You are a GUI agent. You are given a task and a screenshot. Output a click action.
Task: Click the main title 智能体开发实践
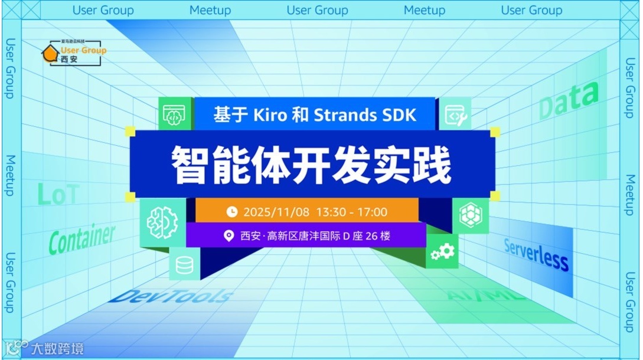click(x=311, y=165)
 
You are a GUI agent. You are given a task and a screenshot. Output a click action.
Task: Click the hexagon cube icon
click(x=471, y=215)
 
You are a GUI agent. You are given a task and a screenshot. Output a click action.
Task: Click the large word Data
click(x=568, y=100)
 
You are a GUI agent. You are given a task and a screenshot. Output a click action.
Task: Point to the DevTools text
click(x=171, y=296)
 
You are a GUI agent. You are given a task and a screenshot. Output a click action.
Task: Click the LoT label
click(x=58, y=194)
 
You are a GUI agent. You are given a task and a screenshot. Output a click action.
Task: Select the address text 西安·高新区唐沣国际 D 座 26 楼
click(x=315, y=236)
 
